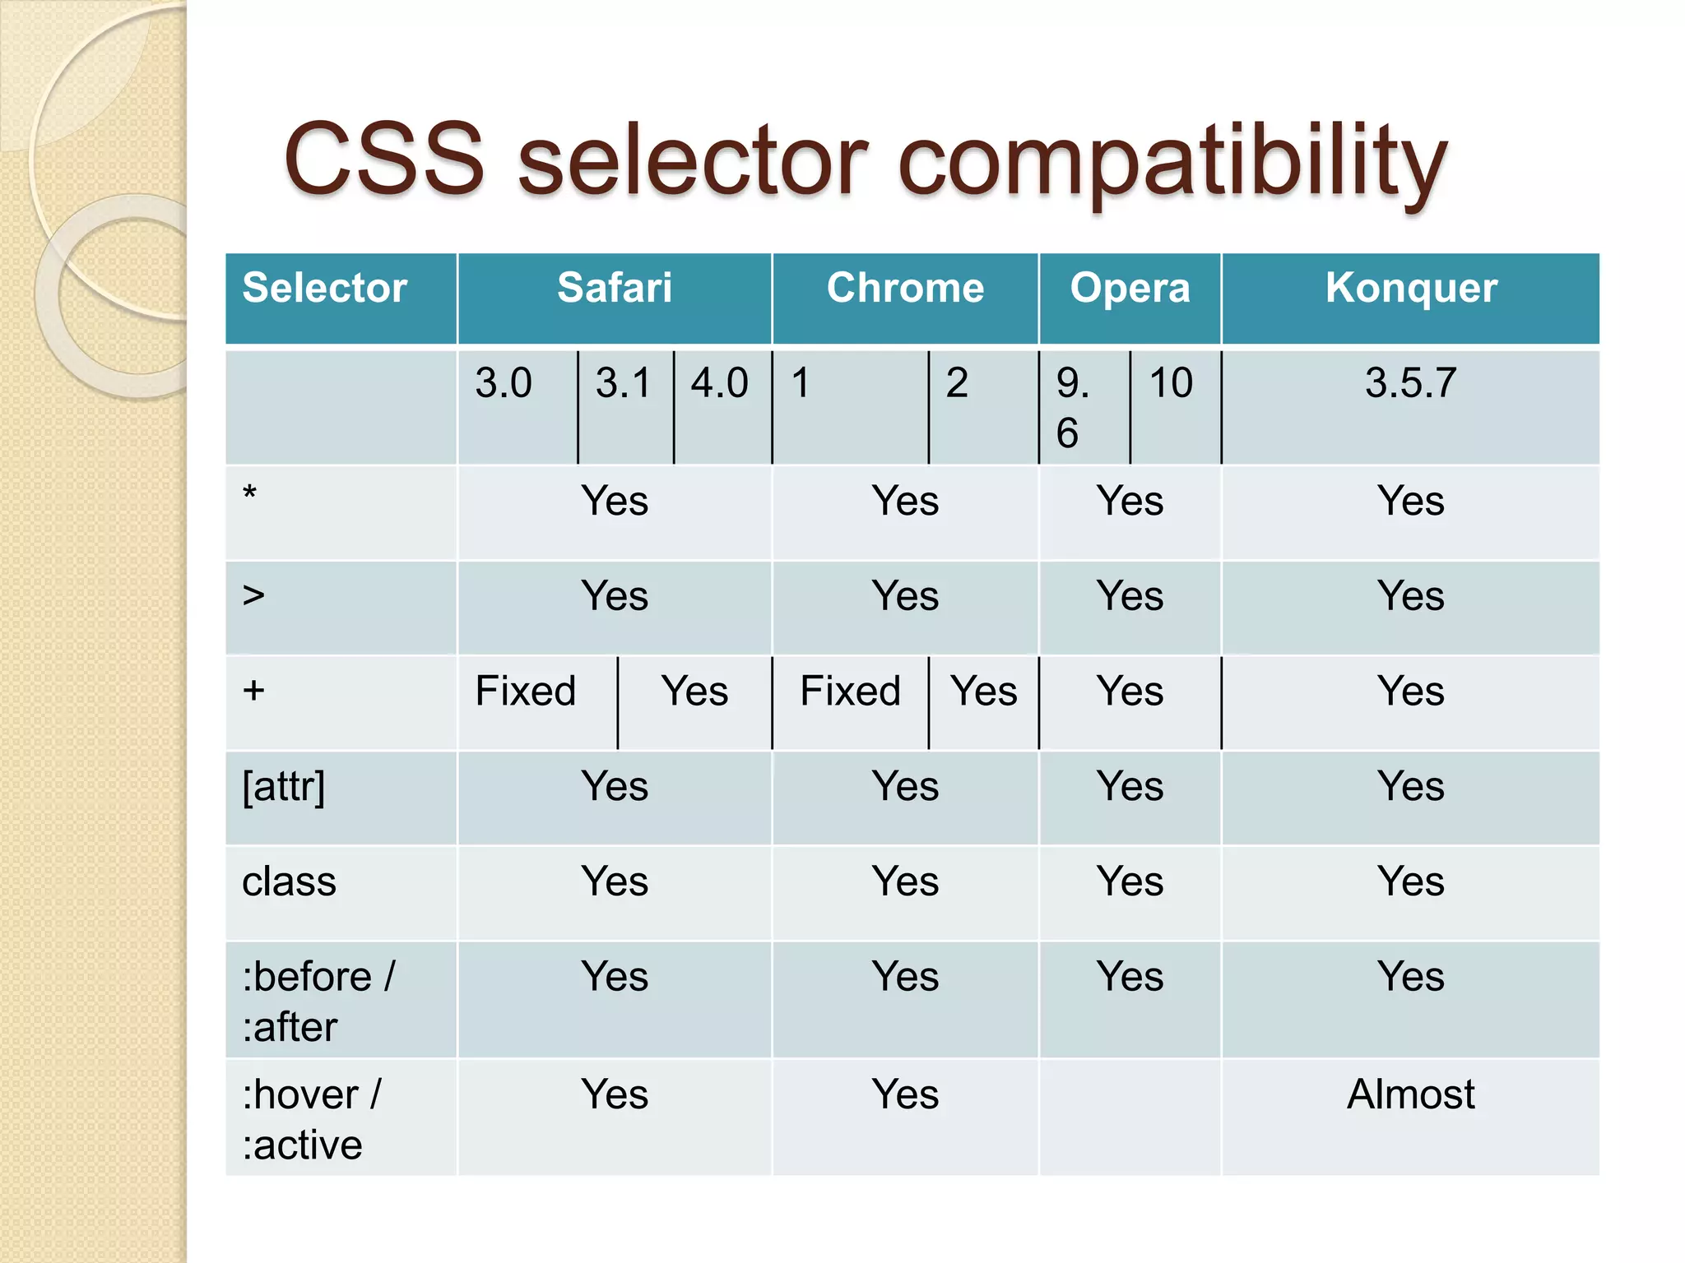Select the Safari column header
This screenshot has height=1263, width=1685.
(615, 289)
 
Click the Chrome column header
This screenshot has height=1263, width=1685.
(905, 289)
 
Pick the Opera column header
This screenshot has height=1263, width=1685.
(1130, 289)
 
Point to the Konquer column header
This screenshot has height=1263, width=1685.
(1411, 289)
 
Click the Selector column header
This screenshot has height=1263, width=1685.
(325, 289)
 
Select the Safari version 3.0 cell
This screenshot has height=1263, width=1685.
(504, 383)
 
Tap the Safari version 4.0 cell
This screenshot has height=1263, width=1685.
(719, 383)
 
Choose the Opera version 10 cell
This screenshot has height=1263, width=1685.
(1171, 383)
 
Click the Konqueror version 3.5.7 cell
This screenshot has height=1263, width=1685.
(1411, 383)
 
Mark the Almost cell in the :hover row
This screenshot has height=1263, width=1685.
(1411, 1094)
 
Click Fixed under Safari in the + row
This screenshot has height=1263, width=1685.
(526, 691)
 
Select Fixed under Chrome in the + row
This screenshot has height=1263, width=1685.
(851, 691)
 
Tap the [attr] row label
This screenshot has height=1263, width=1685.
(284, 787)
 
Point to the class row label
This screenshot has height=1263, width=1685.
(290, 882)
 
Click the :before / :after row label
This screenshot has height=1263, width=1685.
(318, 1002)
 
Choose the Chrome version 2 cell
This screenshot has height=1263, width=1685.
(957, 383)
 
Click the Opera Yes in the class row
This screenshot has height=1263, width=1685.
(1130, 882)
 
